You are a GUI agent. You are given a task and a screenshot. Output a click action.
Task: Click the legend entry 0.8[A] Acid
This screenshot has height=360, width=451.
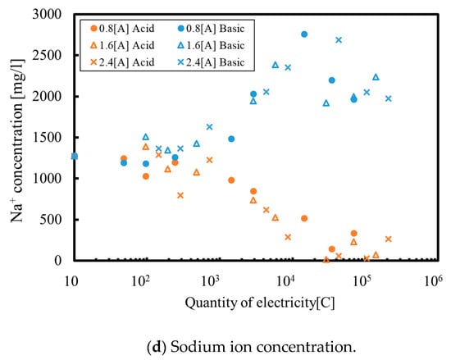coord(122,29)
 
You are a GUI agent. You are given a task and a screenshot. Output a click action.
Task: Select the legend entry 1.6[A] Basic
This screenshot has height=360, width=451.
coord(211,45)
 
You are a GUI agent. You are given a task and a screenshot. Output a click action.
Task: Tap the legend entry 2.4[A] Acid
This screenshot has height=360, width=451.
coord(122,62)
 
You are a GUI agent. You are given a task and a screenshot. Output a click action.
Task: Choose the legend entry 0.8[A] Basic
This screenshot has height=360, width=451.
coord(211,29)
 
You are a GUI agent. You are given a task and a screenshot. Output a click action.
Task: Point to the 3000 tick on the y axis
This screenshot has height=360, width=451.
coord(48,14)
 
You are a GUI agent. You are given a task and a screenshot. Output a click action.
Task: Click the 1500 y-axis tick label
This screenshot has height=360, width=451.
coord(48,138)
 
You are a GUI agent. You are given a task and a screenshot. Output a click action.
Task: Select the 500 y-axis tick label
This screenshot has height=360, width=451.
coord(51,220)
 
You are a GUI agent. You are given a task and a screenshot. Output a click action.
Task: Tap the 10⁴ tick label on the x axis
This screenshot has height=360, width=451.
coord(286,281)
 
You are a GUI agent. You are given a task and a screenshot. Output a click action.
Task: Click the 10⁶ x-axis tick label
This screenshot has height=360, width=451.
coord(433,281)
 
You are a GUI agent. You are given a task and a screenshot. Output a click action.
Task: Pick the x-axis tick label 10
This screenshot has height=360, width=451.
coord(71,282)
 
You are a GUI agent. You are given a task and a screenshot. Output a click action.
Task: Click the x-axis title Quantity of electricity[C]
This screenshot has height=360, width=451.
coord(260,303)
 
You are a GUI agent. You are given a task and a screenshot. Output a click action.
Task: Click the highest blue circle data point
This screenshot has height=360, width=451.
coord(304,34)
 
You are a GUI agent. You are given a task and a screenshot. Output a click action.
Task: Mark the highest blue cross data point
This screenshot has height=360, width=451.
coord(339,40)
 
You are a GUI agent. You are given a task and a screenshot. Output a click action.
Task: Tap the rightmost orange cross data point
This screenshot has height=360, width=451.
coord(389,239)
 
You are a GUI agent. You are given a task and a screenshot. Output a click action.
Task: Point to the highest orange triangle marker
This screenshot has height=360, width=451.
coord(146,147)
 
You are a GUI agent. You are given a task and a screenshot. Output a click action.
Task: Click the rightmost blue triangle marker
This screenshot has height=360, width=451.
coord(376,77)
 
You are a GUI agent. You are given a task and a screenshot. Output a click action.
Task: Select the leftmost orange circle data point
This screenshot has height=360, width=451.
coord(124,158)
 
